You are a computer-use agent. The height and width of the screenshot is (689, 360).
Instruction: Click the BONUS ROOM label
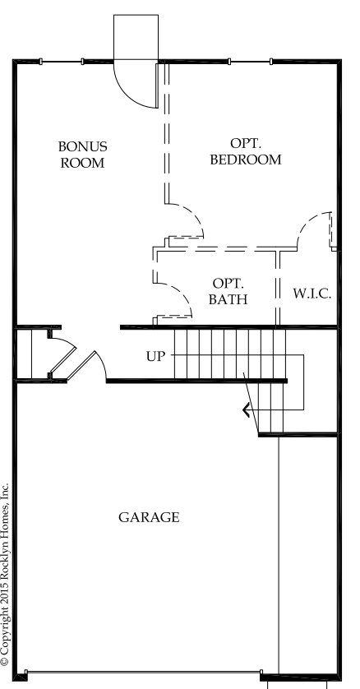(x=82, y=155)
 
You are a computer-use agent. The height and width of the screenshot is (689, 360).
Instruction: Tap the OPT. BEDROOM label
(x=246, y=151)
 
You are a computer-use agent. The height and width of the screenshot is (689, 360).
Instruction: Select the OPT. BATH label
(x=228, y=291)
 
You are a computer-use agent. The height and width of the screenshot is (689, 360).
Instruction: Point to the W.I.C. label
(x=312, y=293)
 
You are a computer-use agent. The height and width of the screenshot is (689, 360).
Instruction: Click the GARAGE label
(x=149, y=517)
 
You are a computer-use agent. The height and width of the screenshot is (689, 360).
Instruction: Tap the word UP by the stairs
(x=156, y=356)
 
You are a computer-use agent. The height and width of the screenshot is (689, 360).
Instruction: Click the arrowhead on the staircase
(x=247, y=410)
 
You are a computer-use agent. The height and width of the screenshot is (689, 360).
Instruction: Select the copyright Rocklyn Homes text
(x=5, y=575)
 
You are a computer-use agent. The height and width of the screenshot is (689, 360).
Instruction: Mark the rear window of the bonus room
(x=62, y=62)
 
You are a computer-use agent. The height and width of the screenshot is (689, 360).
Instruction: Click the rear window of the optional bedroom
(x=250, y=62)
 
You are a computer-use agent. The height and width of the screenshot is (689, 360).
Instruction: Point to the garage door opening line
(x=143, y=673)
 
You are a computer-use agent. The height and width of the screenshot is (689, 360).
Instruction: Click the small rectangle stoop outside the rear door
(x=136, y=37)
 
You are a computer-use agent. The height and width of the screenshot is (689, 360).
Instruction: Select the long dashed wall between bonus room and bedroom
(x=167, y=132)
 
